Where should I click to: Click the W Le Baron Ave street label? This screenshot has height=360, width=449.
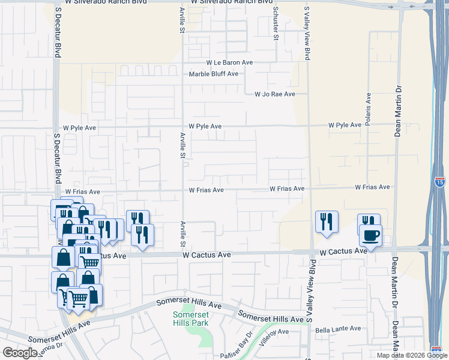[x=229, y=62]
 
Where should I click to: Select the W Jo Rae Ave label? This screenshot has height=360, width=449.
[x=275, y=94]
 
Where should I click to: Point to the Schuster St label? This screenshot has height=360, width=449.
[x=276, y=24]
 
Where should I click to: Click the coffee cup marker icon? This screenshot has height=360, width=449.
[x=370, y=235]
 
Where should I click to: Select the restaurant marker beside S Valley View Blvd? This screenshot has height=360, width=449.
[x=327, y=222]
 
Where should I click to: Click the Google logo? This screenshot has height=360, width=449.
[x=20, y=352]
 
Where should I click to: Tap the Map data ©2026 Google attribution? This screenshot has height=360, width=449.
[x=412, y=355]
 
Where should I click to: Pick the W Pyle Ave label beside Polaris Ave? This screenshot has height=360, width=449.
[x=345, y=125]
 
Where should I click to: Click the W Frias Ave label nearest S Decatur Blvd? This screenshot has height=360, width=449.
[x=83, y=192]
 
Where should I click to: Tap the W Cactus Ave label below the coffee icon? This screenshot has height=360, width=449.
[x=343, y=252]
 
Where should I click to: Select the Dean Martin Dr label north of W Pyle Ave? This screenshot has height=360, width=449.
[x=397, y=111]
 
